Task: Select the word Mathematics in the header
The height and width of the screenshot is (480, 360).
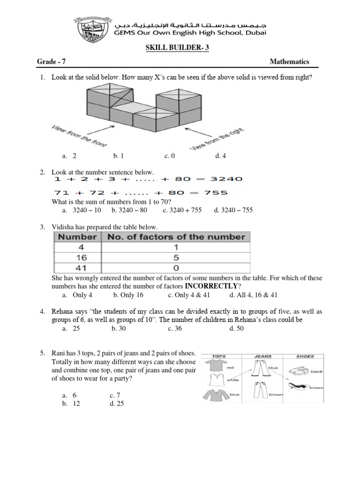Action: click(289, 62)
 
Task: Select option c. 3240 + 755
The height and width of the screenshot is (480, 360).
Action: click(182, 210)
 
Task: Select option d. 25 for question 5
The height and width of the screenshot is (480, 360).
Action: click(117, 404)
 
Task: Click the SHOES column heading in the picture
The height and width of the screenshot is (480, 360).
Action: click(305, 356)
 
